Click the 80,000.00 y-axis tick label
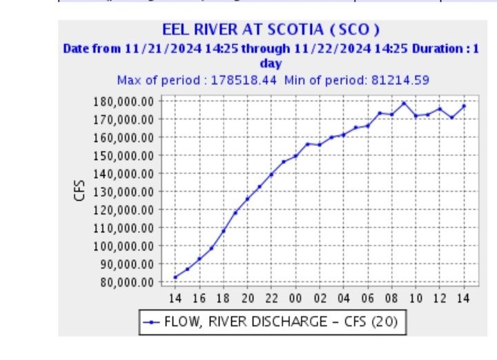(125, 282)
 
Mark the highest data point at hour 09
(404, 103)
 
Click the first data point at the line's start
(175, 277)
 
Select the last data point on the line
(464, 106)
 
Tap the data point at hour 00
(295, 156)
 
